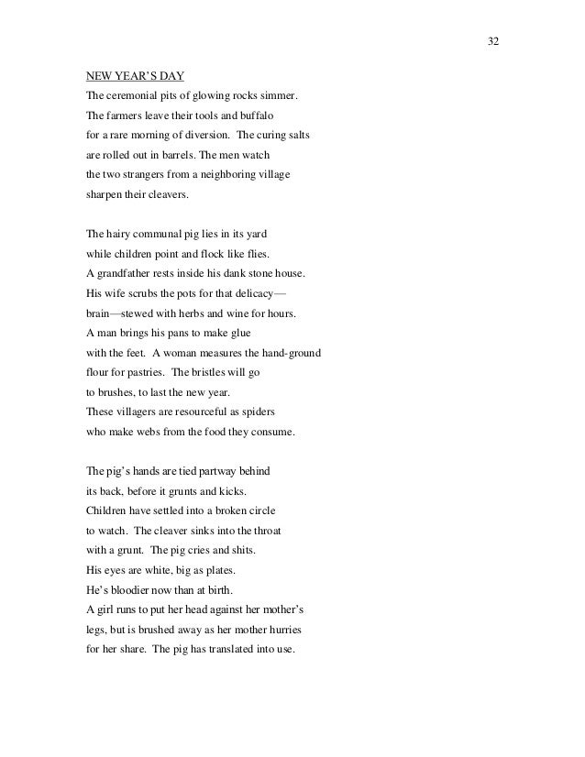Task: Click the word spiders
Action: click(270, 422)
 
